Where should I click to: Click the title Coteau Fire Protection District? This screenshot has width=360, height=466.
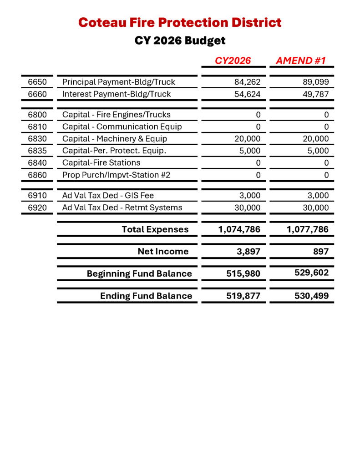point(180,22)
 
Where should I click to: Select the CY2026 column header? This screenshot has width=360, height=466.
point(233,61)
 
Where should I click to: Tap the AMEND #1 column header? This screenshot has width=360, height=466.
point(300,61)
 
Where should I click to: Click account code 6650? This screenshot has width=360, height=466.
point(37,82)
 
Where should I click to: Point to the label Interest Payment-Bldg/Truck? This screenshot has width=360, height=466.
point(117,94)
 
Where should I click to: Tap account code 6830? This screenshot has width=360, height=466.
point(37,139)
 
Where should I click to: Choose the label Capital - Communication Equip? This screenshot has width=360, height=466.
point(122,127)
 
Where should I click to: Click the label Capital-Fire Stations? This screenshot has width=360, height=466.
point(101,162)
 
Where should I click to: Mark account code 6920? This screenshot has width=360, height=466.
point(37,208)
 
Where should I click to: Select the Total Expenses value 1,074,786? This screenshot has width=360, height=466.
point(239,229)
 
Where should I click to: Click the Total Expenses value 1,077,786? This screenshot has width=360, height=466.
point(308,229)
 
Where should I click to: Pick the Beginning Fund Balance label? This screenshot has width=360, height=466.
point(139,274)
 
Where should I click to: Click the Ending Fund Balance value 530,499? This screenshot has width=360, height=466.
point(311,296)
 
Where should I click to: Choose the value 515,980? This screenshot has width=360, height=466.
point(243,274)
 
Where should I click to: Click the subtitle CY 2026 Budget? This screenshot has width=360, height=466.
point(180,41)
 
